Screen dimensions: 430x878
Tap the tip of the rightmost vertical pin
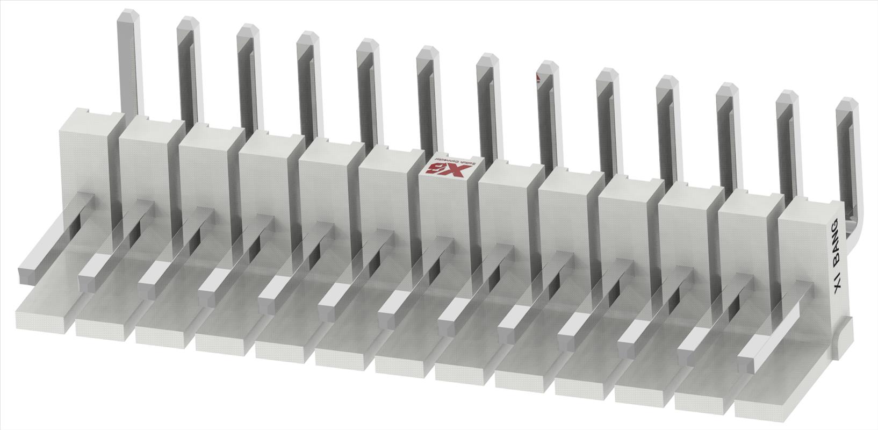pos(846,103)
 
